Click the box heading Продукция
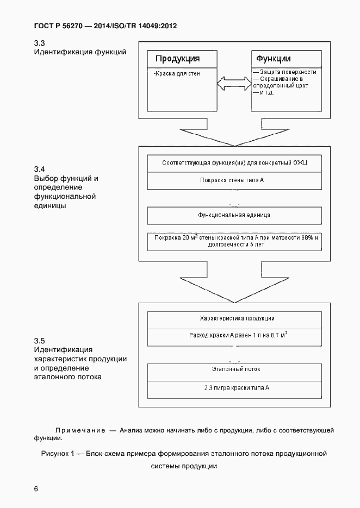[178, 59]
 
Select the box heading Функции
[273, 59]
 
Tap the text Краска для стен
[177, 73]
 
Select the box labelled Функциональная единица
[234, 215]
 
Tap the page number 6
[36, 489]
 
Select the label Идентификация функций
[80, 52]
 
